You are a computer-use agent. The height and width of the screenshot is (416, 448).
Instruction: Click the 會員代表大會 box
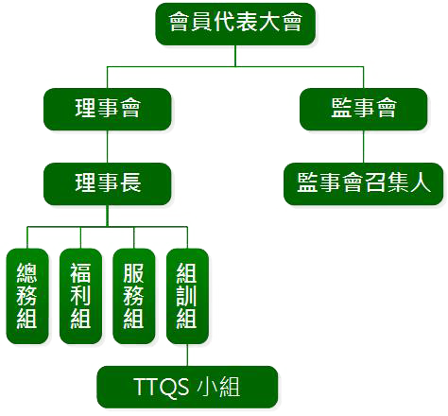235,24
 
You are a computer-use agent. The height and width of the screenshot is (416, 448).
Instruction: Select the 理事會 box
108,109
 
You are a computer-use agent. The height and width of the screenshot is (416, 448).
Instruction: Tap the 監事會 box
363,109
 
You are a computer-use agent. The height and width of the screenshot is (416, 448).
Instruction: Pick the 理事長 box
108,183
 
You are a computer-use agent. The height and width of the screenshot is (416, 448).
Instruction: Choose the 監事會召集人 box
363,183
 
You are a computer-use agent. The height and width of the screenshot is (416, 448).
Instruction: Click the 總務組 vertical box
27,296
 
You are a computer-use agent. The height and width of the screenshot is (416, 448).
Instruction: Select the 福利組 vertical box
80,296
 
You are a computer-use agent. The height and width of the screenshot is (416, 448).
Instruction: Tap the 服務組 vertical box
134,296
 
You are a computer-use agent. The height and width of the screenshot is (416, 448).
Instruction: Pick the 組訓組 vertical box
187,296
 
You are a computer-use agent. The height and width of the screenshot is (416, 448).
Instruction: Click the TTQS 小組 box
187,387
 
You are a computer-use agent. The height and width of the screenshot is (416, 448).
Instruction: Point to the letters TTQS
162,387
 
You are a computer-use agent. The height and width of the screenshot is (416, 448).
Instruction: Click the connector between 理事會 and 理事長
108,147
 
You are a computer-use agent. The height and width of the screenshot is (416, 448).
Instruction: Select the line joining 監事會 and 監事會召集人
363,147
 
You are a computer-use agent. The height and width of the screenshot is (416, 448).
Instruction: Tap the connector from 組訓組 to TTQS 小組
187,355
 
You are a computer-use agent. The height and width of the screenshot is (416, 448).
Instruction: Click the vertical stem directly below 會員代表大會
235,56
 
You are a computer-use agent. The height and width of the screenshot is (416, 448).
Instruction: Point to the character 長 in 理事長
130,182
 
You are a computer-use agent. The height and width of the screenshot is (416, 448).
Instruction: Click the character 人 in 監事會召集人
420,182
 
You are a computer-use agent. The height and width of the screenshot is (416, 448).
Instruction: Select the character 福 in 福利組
80,273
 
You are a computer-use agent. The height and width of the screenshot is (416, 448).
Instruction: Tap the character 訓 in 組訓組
187,296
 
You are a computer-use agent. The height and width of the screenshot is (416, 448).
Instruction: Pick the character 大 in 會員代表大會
269,22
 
